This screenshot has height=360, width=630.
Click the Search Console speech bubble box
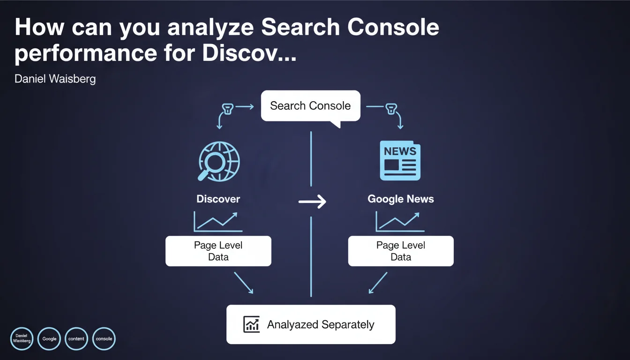(310, 106)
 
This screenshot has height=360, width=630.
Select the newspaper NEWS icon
(400, 161)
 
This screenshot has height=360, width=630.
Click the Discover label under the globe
(218, 199)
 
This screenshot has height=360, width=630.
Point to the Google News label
(400, 199)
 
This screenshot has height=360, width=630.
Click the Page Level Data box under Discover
(218, 251)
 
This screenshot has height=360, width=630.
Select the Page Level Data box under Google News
(400, 251)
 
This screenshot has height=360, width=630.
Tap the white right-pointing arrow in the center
(312, 202)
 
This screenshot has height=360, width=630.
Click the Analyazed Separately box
(311, 324)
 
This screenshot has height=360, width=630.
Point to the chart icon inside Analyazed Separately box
(252, 324)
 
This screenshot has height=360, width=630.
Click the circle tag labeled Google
(49, 338)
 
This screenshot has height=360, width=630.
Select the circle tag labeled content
(76, 338)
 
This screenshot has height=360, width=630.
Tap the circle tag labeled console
(104, 338)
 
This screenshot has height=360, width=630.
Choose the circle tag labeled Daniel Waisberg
(22, 338)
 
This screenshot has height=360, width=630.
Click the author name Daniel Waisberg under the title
(55, 79)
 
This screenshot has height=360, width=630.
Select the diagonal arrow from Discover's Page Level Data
(243, 283)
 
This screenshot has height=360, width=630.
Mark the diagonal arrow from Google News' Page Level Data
(378, 283)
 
